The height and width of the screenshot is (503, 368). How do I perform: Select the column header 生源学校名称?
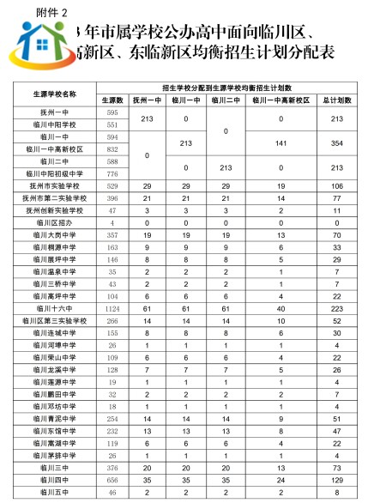coord(54,94)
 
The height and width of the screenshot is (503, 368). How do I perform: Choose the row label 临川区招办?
coord(54,221)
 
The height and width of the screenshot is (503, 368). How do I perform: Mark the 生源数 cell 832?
coord(112,149)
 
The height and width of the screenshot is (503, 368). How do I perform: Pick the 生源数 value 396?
coord(112,197)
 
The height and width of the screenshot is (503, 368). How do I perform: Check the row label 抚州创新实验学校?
coord(54,209)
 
